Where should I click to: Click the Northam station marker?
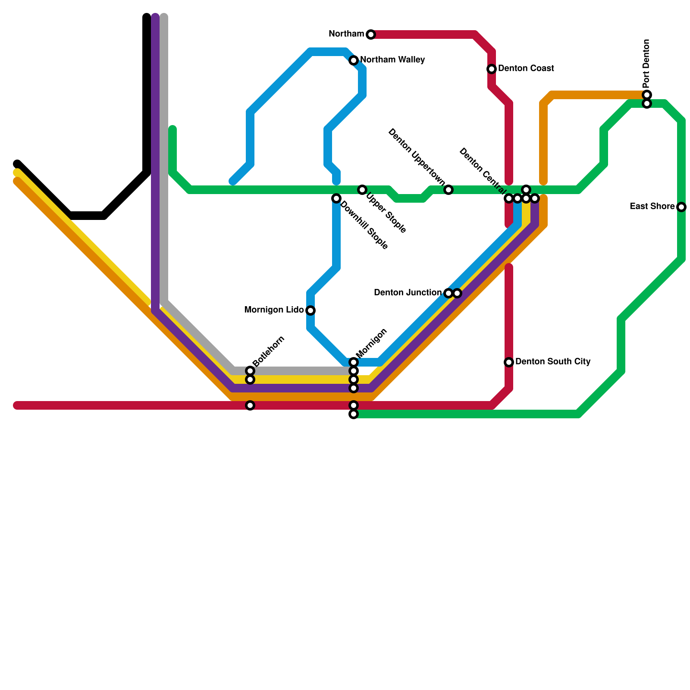[x=371, y=34]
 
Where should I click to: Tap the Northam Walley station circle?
[x=354, y=60]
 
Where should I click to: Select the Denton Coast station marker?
[x=492, y=69]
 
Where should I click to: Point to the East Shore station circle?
[x=681, y=207]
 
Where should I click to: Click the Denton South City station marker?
[x=509, y=362]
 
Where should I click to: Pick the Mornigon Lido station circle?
[x=310, y=310]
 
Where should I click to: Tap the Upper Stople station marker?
[x=362, y=190]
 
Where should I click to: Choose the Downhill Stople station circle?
[x=336, y=198]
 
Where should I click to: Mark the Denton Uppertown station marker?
[x=448, y=190]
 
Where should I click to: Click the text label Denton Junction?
[x=408, y=293]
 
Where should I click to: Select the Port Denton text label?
[x=646, y=63]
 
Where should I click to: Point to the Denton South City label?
[x=553, y=361]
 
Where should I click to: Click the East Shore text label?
[x=652, y=207]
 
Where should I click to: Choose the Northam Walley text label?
[x=392, y=60]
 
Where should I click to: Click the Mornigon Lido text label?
[x=274, y=310]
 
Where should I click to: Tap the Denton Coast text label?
[x=526, y=69]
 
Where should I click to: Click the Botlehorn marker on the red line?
[x=250, y=405]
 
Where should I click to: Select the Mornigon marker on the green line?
[x=354, y=414]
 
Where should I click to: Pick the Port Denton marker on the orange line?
[x=647, y=95]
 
